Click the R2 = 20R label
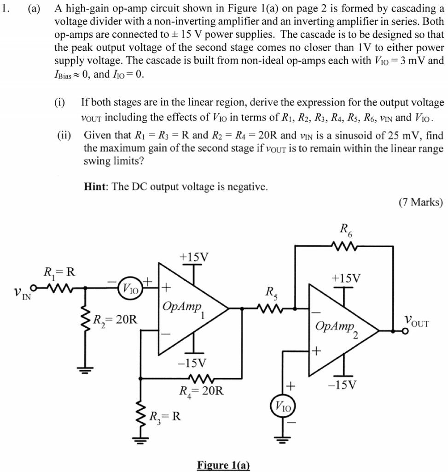115,319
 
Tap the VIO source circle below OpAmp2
283,406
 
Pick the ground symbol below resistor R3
140,440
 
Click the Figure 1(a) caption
223,465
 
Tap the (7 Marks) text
421,202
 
